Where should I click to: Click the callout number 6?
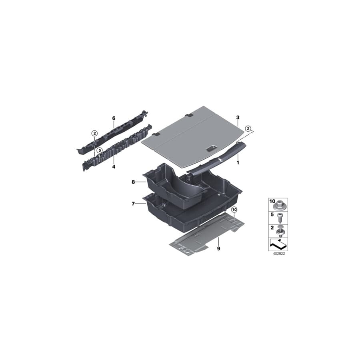(x=114, y=118)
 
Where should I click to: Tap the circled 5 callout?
(x=100, y=150)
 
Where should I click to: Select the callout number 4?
(x=114, y=166)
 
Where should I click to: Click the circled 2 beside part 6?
(x=94, y=134)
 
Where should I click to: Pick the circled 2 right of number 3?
(x=248, y=128)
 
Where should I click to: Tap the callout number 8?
(x=133, y=182)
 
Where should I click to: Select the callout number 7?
(x=133, y=204)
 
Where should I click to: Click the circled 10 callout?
(x=234, y=209)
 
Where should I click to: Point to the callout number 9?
(x=219, y=249)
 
